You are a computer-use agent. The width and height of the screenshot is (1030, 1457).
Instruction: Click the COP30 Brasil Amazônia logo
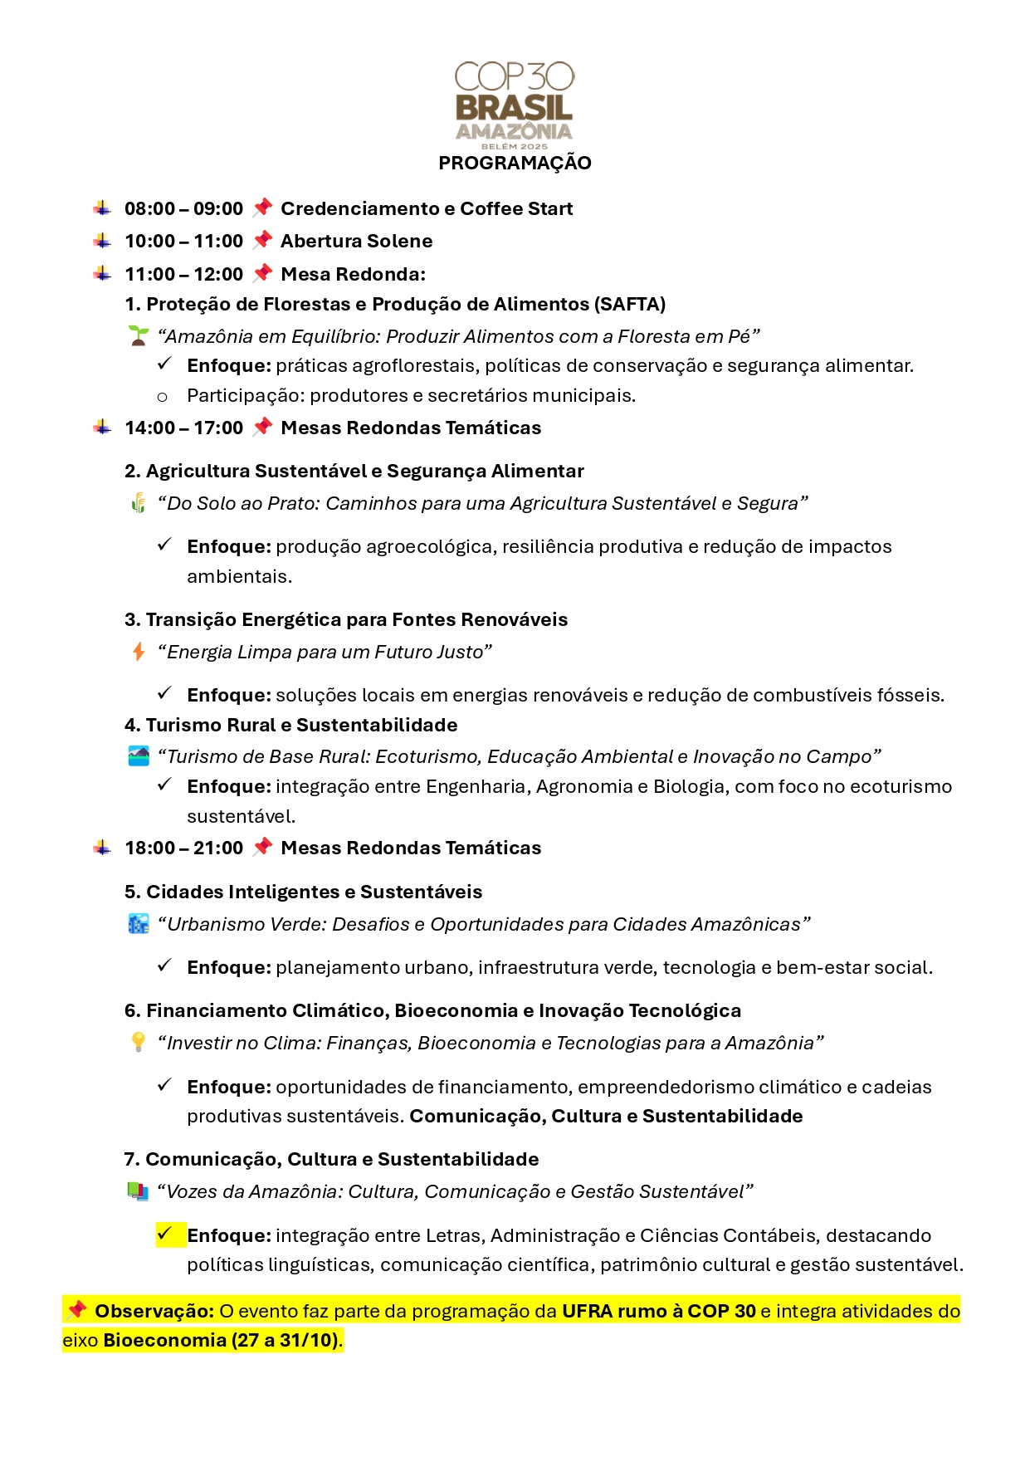(x=515, y=104)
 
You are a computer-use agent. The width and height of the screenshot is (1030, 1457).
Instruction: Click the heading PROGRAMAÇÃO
(x=515, y=163)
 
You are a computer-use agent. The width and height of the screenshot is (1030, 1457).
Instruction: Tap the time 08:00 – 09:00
(x=183, y=208)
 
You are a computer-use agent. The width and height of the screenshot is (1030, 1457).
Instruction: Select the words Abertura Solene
(x=356, y=241)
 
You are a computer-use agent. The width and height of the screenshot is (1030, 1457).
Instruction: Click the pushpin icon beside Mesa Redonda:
(x=262, y=273)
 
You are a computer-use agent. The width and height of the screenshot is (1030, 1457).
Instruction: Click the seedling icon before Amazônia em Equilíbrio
(x=139, y=336)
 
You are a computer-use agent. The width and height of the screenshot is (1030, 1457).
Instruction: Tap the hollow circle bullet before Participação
(x=162, y=397)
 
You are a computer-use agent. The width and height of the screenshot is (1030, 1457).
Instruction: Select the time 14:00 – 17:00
(x=183, y=428)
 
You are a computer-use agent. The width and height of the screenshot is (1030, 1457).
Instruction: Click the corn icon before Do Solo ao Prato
(x=139, y=503)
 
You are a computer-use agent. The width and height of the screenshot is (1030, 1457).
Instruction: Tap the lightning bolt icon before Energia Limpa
(x=139, y=652)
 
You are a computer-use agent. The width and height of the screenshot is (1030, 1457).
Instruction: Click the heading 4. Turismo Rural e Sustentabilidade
(x=290, y=725)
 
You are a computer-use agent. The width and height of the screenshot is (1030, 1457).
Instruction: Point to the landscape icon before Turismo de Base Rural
(x=139, y=756)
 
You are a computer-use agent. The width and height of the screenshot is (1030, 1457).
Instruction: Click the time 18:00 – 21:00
(x=183, y=848)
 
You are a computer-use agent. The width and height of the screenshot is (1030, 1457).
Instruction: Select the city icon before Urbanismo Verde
(x=139, y=924)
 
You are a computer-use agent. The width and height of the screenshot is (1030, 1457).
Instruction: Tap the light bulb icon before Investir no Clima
(x=139, y=1043)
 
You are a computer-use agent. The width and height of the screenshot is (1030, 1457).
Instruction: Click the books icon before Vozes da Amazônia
(x=139, y=1191)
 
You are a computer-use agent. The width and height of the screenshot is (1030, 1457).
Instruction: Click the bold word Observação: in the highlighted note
(x=154, y=1311)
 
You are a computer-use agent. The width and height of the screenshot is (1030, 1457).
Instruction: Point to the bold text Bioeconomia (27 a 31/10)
(x=221, y=1340)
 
